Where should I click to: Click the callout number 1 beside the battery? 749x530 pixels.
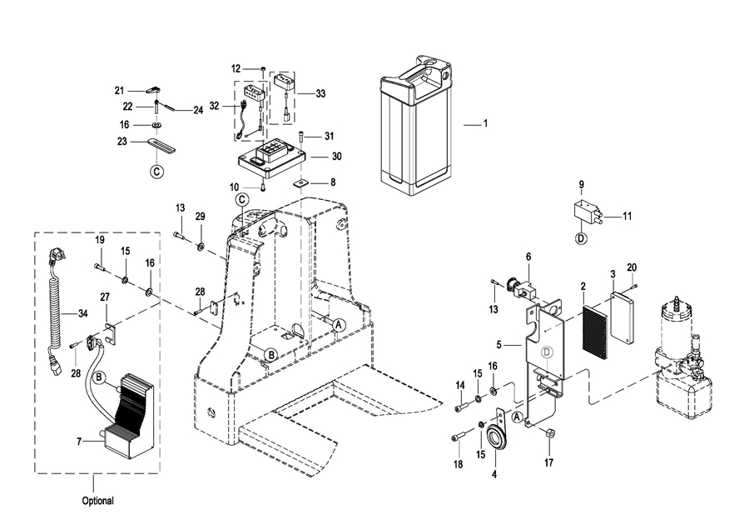tap(485, 124)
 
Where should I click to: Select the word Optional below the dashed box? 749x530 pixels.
tap(97, 502)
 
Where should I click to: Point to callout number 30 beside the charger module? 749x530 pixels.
tap(337, 156)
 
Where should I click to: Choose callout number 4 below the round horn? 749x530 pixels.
tap(495, 474)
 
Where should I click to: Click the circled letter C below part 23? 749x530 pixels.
tap(156, 172)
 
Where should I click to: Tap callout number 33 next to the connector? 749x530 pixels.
tap(320, 94)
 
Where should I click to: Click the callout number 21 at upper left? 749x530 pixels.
tap(119, 90)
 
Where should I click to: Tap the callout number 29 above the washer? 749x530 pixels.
tap(200, 217)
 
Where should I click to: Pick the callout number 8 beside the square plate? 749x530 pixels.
tap(333, 181)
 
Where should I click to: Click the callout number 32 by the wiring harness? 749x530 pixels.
tap(213, 106)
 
